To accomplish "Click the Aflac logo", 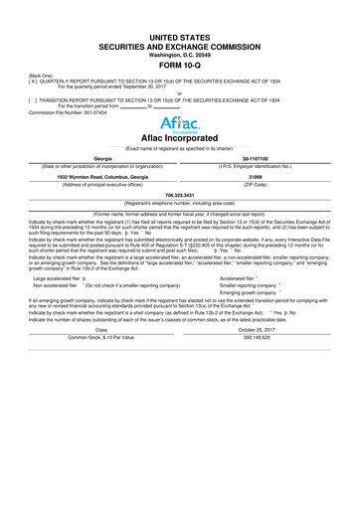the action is click(x=179, y=122).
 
